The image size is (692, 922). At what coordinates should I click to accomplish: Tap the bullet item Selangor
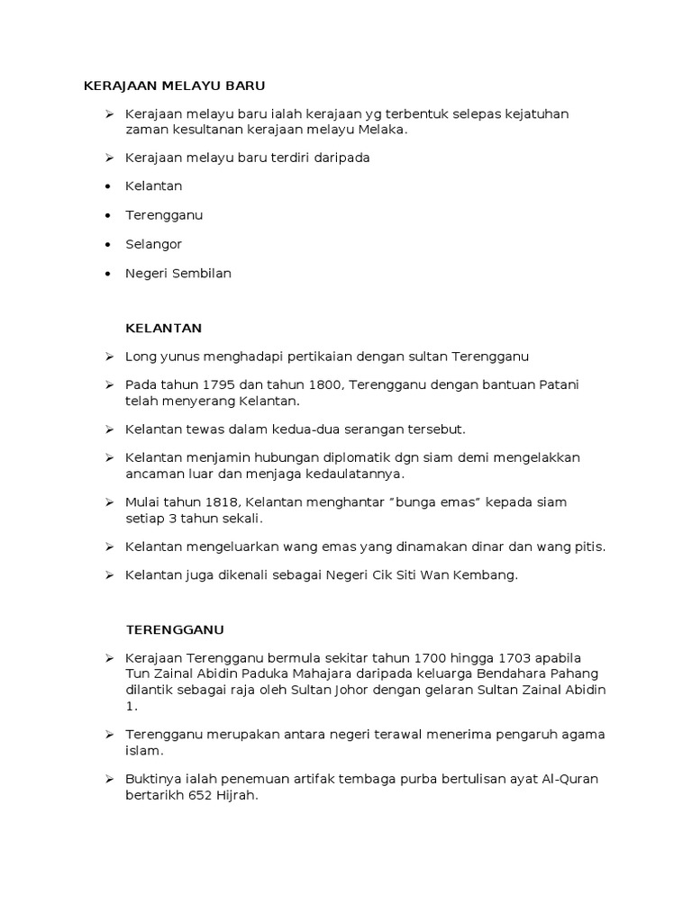[x=153, y=244]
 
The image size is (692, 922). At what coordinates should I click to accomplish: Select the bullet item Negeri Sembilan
[x=178, y=273]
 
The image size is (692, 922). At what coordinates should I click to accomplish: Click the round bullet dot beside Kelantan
[x=108, y=186]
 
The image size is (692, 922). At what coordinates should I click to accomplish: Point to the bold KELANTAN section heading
[x=163, y=327]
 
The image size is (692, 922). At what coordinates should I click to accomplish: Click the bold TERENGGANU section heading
[x=175, y=628]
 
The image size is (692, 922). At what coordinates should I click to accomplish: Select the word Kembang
[x=490, y=574]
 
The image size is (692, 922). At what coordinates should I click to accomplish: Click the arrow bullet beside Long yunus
[x=108, y=357]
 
